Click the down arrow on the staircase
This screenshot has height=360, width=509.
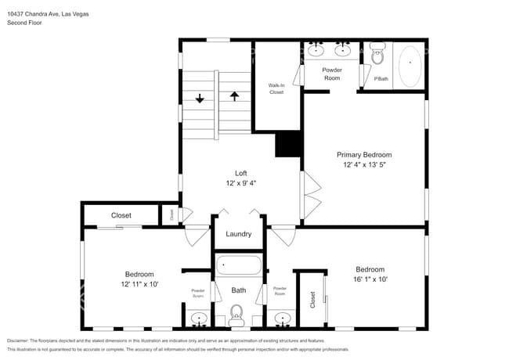pos(200,99)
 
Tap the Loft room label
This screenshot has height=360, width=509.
pos(241,173)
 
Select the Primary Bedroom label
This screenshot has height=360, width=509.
pos(364,155)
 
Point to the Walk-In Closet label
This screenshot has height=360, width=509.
pos(276,88)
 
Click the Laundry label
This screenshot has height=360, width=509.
pos(238,234)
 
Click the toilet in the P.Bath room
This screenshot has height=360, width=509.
pos(377,56)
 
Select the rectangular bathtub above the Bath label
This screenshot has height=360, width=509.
pos(238,266)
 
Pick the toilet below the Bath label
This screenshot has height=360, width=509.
pos(238,317)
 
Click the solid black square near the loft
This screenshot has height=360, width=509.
pos(288,145)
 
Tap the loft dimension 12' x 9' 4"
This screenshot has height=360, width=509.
pos(241,184)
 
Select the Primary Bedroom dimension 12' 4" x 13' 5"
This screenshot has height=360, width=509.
pos(364,165)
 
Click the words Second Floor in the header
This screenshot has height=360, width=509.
pos(25,23)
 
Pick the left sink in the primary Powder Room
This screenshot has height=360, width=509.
pos(316,51)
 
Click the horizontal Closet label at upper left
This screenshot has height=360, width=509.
pos(121,215)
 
